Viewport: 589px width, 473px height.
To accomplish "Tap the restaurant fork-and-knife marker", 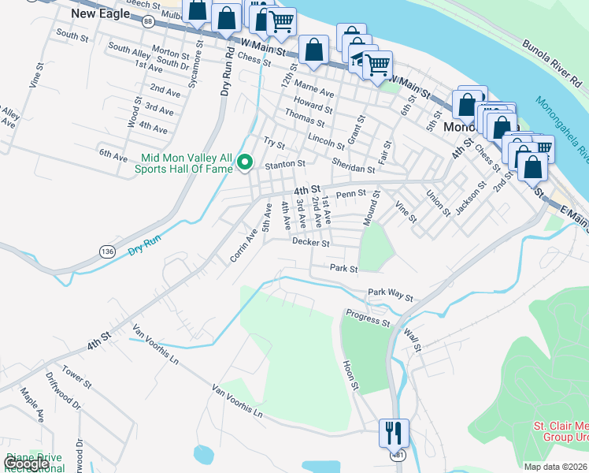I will coord(393,432).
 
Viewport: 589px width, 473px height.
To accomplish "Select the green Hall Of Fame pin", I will coord(245,163).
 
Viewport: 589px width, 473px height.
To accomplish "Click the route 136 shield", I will coord(108,251).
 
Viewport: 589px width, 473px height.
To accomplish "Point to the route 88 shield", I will coord(148,22).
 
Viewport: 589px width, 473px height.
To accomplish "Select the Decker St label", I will coord(310,244).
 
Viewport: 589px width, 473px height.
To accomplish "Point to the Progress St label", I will coord(366,318).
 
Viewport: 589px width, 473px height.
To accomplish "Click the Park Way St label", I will coord(390,295).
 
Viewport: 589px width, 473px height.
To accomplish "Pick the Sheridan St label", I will coord(354,168).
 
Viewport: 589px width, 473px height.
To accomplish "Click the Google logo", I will coord(26,464).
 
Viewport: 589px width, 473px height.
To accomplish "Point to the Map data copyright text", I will coord(556,467).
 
